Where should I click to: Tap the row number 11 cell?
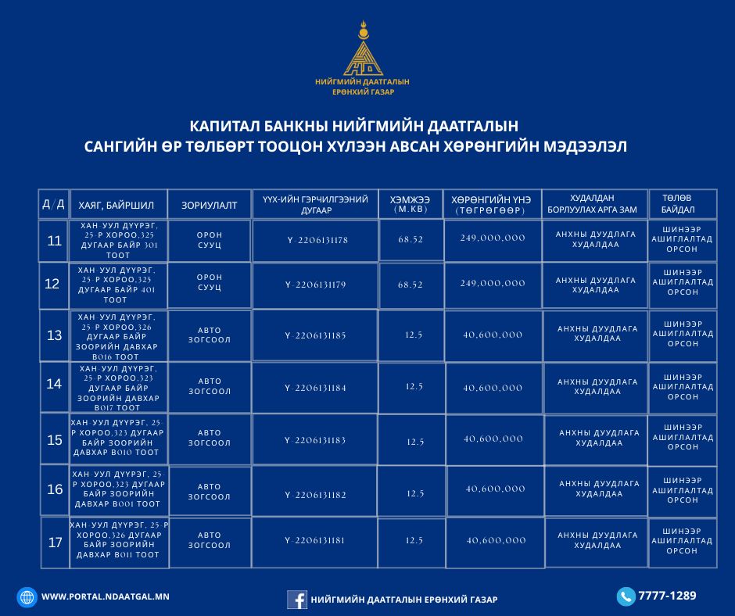pyautogui.click(x=54, y=241)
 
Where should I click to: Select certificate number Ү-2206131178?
pyautogui.click(x=317, y=240)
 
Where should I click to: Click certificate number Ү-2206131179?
pyautogui.click(x=315, y=285)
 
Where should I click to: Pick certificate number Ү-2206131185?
pyautogui.click(x=315, y=335)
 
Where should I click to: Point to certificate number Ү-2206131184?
pyautogui.click(x=315, y=388)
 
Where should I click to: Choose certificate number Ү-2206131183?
pyautogui.click(x=315, y=440)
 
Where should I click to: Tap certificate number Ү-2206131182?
pyautogui.click(x=315, y=494)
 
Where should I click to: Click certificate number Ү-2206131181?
pyautogui.click(x=315, y=540)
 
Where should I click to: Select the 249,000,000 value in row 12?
pyautogui.click(x=493, y=283)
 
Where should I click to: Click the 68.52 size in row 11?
pyautogui.click(x=411, y=239)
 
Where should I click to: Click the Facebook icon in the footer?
pyautogui.click(x=296, y=599)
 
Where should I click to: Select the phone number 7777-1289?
pyautogui.click(x=667, y=596)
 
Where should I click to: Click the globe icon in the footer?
pyautogui.click(x=27, y=597)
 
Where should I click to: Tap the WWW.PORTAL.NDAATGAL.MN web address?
pyautogui.click(x=105, y=596)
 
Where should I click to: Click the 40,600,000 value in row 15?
pyautogui.click(x=493, y=439)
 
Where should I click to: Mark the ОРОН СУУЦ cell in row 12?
pyautogui.click(x=210, y=282)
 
